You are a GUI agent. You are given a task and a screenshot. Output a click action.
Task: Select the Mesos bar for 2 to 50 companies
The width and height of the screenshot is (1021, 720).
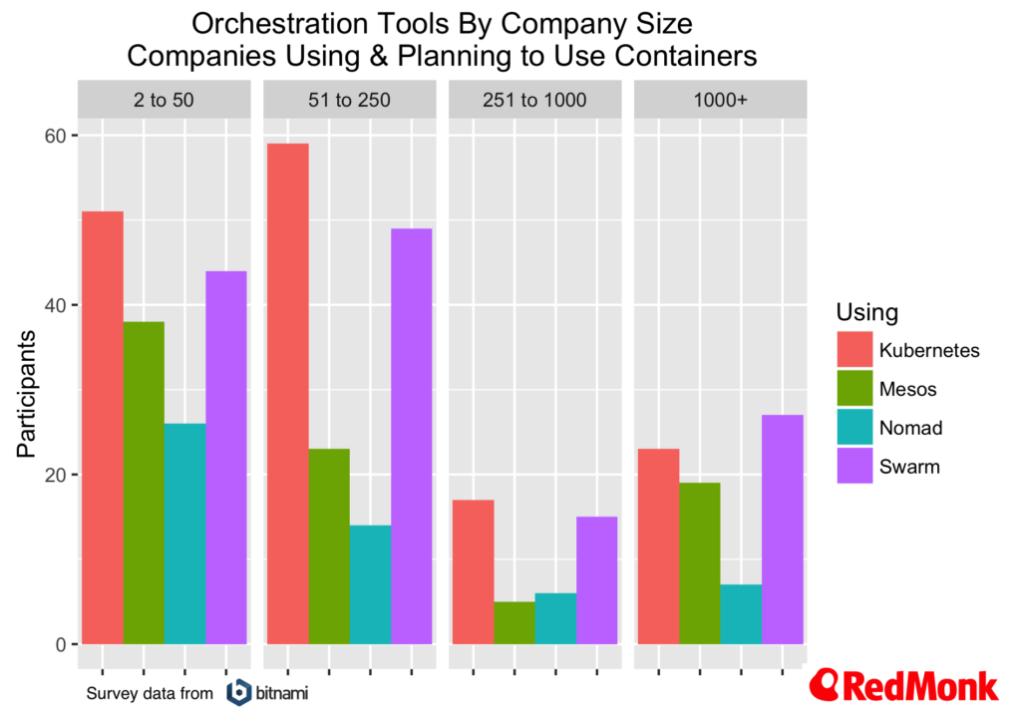(x=144, y=483)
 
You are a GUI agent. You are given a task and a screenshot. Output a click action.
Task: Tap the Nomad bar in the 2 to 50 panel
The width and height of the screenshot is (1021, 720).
(x=184, y=534)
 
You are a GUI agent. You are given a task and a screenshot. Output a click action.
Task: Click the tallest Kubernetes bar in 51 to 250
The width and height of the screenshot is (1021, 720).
(x=287, y=393)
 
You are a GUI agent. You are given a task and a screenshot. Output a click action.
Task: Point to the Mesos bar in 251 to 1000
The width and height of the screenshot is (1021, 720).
(x=514, y=622)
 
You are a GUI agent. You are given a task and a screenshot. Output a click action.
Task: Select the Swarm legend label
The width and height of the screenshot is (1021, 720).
(x=909, y=466)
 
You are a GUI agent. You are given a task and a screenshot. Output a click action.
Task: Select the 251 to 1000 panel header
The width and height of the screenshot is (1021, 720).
(x=534, y=100)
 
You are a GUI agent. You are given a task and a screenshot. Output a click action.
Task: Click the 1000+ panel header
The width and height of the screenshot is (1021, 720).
(x=720, y=100)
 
